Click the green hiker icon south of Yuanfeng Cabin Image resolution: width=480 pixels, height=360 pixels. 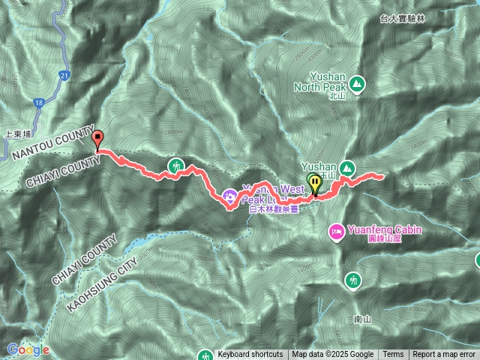tap(352, 280)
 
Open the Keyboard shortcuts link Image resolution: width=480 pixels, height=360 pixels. tap(250, 355)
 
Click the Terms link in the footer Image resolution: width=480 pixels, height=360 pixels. tap(393, 355)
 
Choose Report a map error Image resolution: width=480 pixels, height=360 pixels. tap(444, 355)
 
